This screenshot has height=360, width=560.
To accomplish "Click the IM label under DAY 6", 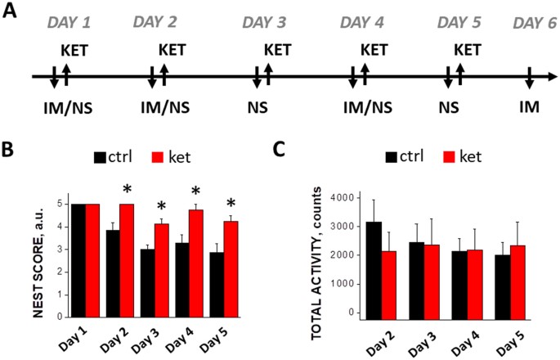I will (x=529, y=106).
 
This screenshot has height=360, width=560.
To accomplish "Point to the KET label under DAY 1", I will (x=74, y=52).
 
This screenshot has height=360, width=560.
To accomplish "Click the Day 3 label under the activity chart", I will (x=427, y=338).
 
